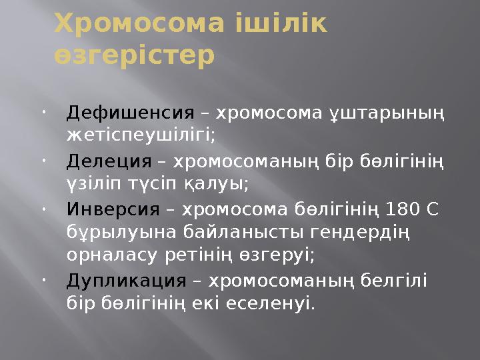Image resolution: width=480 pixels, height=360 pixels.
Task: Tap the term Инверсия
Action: tap(113, 211)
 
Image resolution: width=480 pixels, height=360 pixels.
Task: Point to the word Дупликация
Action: tap(126, 280)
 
